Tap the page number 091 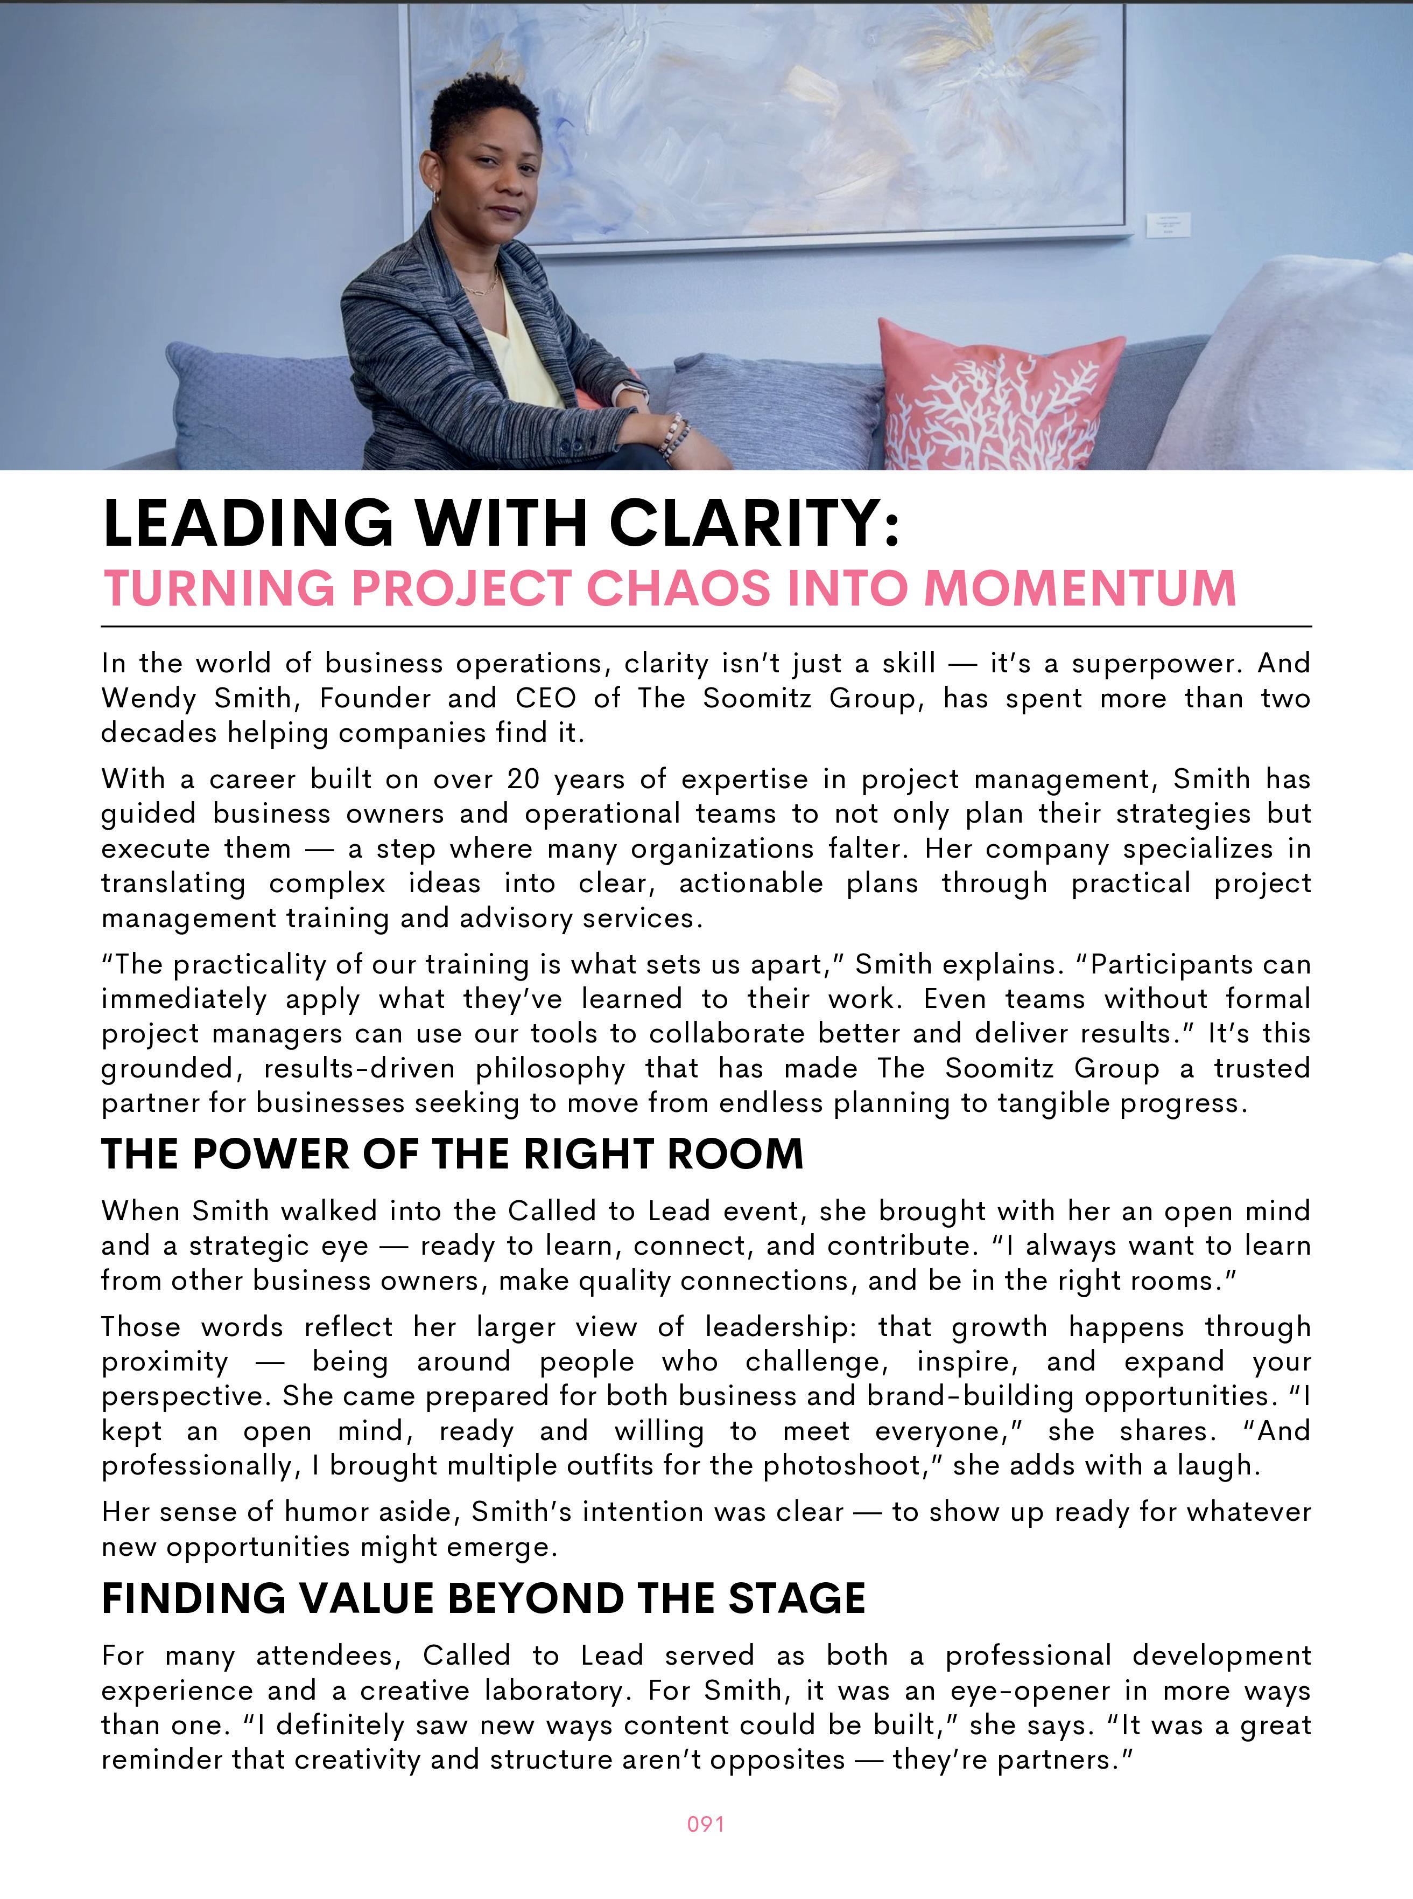pos(706,1824)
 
